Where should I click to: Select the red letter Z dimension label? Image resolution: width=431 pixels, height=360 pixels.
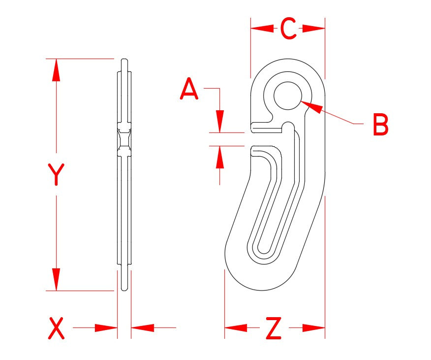pyautogui.click(x=273, y=328)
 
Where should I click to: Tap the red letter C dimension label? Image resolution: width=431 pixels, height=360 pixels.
pyautogui.click(x=288, y=29)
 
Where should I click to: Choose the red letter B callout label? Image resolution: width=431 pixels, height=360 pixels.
pyautogui.click(x=380, y=125)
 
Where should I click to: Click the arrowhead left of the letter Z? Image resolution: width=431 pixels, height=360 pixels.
pyautogui.click(x=236, y=327)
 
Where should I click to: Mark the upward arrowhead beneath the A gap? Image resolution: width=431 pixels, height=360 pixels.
pyautogui.click(x=220, y=158)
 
